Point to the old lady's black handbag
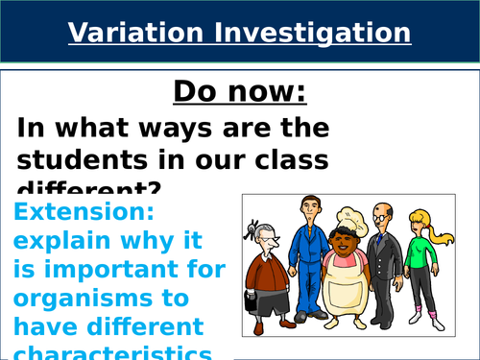coord(252,302)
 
